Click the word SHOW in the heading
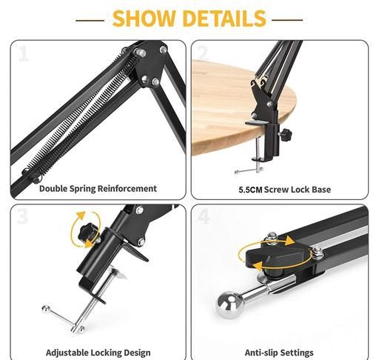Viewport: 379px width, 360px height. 144,19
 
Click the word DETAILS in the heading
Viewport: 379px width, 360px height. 224,19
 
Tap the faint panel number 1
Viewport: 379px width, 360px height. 24,54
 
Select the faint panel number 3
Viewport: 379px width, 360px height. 23,216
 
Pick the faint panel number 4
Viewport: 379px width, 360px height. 204,216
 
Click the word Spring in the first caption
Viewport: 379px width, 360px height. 83,189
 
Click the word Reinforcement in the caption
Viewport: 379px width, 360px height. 127,188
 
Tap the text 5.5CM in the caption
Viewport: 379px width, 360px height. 250,190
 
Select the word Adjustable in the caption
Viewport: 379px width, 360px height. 67,353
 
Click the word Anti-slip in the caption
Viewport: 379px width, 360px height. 261,353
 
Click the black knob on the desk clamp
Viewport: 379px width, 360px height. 286,135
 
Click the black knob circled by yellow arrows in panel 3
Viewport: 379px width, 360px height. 88,233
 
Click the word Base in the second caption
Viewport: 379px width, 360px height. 321,190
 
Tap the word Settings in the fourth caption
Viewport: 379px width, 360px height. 297,353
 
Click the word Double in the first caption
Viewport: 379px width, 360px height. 53,188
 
